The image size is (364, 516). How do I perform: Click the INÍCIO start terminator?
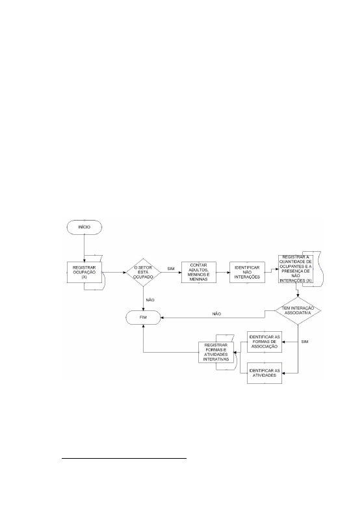(84, 227)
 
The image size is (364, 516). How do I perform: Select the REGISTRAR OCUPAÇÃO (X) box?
(84, 272)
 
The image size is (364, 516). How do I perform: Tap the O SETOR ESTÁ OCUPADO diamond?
(144, 272)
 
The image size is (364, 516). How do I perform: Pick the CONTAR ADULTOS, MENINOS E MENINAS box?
(199, 272)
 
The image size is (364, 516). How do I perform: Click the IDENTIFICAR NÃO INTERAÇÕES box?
(247, 272)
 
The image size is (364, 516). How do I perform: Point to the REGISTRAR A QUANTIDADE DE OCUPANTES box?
(296, 269)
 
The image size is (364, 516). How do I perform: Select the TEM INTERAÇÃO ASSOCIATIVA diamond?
(298, 310)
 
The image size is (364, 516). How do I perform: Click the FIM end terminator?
(144, 318)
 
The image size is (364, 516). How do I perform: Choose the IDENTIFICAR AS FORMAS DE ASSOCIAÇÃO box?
(265, 342)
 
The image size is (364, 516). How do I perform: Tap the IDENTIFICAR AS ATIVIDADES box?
(265, 373)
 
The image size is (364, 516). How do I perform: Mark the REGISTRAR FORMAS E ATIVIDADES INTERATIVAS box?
(216, 353)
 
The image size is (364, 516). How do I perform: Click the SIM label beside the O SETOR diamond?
(171, 269)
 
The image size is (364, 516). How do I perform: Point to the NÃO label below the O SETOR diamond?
(150, 300)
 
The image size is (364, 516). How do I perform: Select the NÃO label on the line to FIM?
(216, 314)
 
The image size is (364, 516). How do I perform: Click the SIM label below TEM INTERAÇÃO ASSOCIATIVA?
(305, 342)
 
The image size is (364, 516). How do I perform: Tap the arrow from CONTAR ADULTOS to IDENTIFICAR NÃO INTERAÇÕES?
(223, 273)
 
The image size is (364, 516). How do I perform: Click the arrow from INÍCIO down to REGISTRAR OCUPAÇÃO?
(84, 248)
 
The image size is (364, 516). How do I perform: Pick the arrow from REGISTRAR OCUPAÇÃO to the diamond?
(114, 273)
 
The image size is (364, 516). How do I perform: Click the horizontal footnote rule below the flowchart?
(124, 457)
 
